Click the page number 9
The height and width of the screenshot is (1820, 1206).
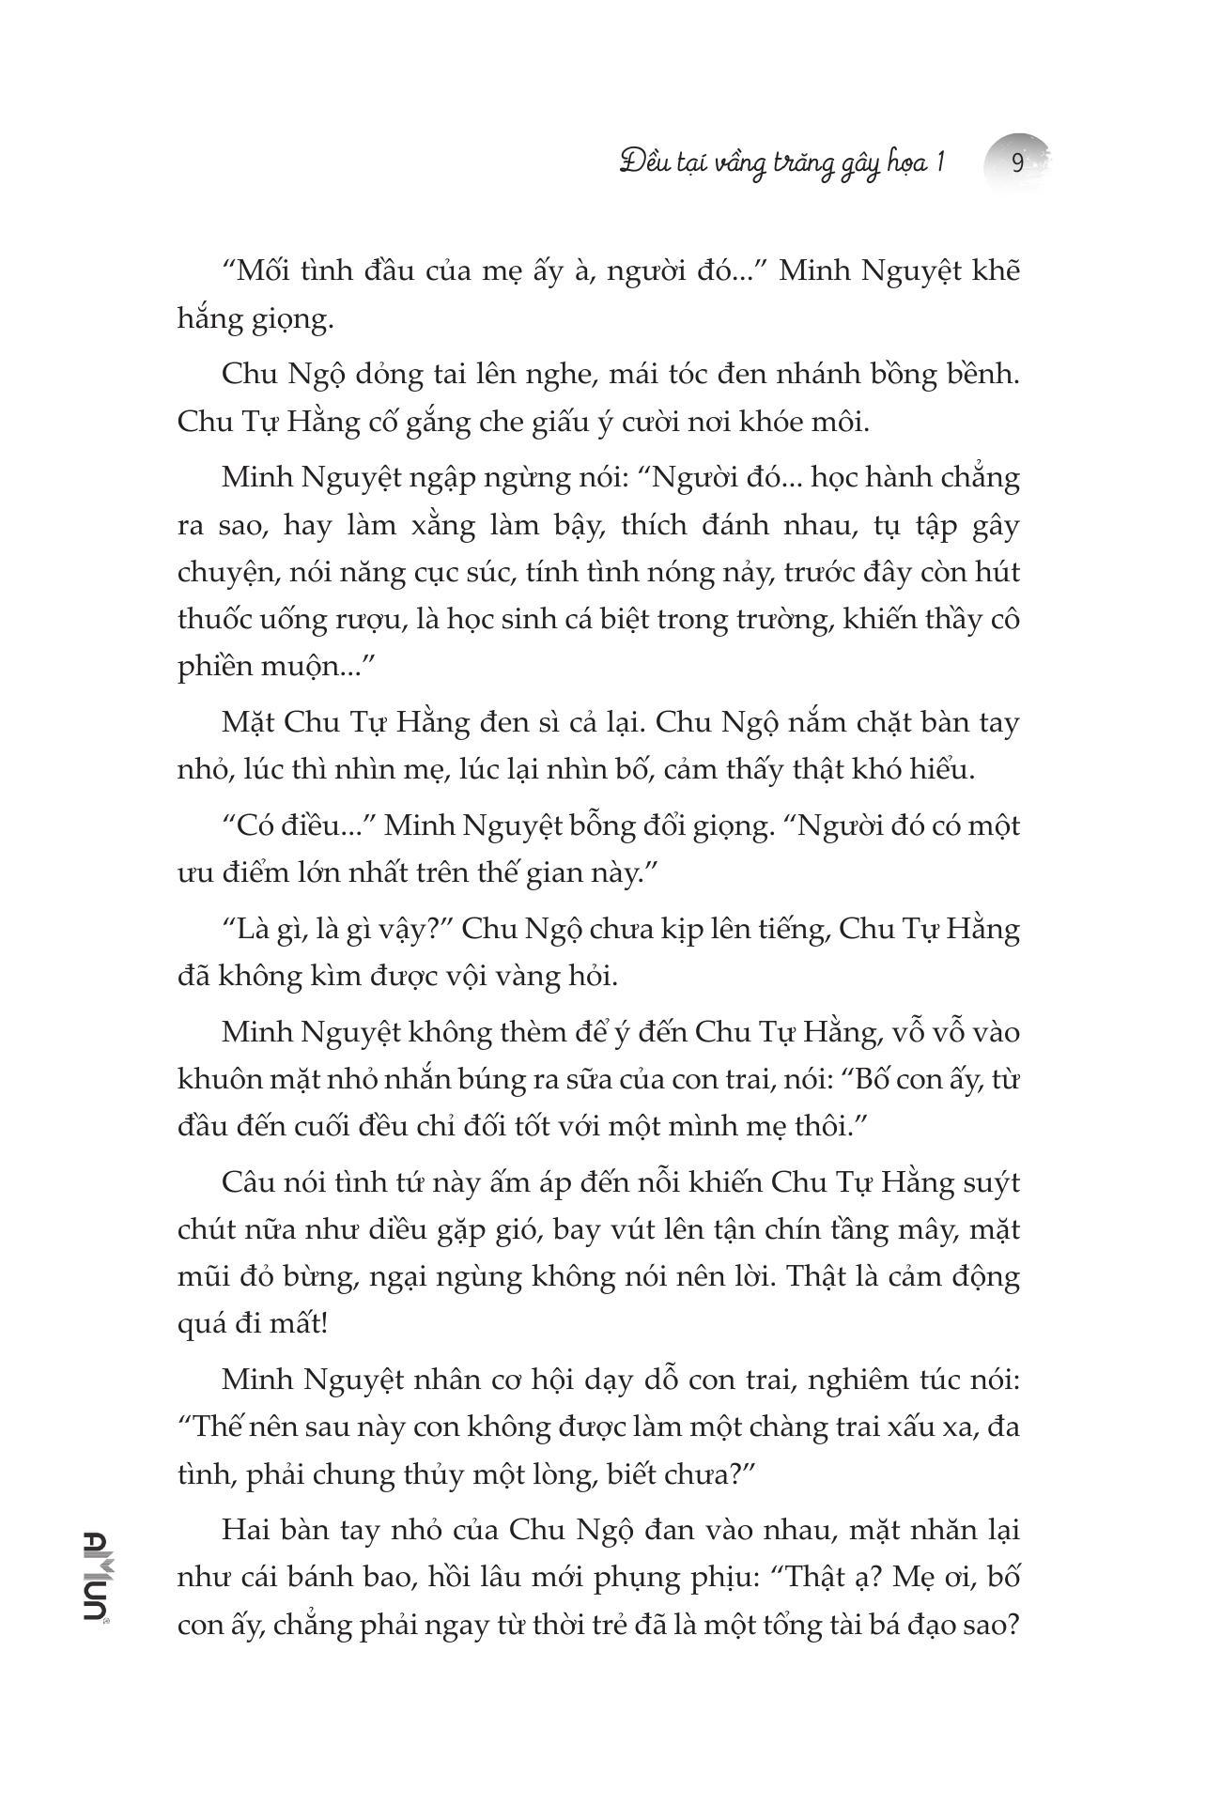point(1017,163)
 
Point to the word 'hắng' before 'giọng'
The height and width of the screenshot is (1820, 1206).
point(203,319)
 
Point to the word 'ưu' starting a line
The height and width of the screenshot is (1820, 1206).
point(193,873)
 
